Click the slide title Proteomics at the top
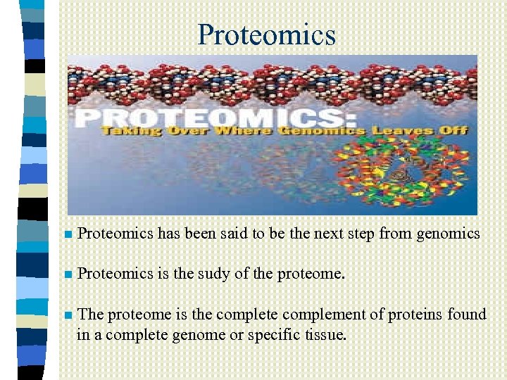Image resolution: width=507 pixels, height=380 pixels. click(x=267, y=34)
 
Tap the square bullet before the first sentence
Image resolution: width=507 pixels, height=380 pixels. click(x=67, y=234)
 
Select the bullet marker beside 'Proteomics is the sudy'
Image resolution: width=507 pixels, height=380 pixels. click(x=67, y=274)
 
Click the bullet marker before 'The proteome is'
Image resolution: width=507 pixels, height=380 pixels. click(x=67, y=315)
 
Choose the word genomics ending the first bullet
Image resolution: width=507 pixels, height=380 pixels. click(x=449, y=234)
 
